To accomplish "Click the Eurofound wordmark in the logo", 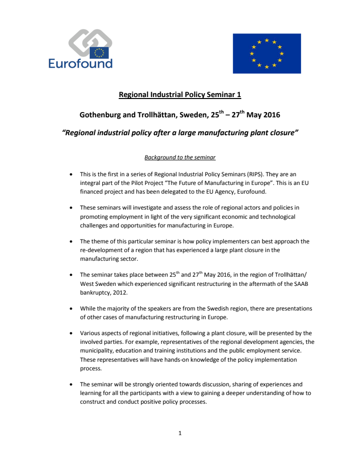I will pos(80,63).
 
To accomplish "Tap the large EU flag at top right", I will pos(266,53).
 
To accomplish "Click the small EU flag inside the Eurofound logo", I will pos(99,53).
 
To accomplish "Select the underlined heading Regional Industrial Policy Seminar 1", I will pos(180,95).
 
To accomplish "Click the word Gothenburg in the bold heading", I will pos(101,116).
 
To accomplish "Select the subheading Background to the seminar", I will pos(180,157).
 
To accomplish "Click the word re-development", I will pos(103,250).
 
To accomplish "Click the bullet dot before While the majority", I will pos(71,309).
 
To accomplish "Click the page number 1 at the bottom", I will pos(180,433).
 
